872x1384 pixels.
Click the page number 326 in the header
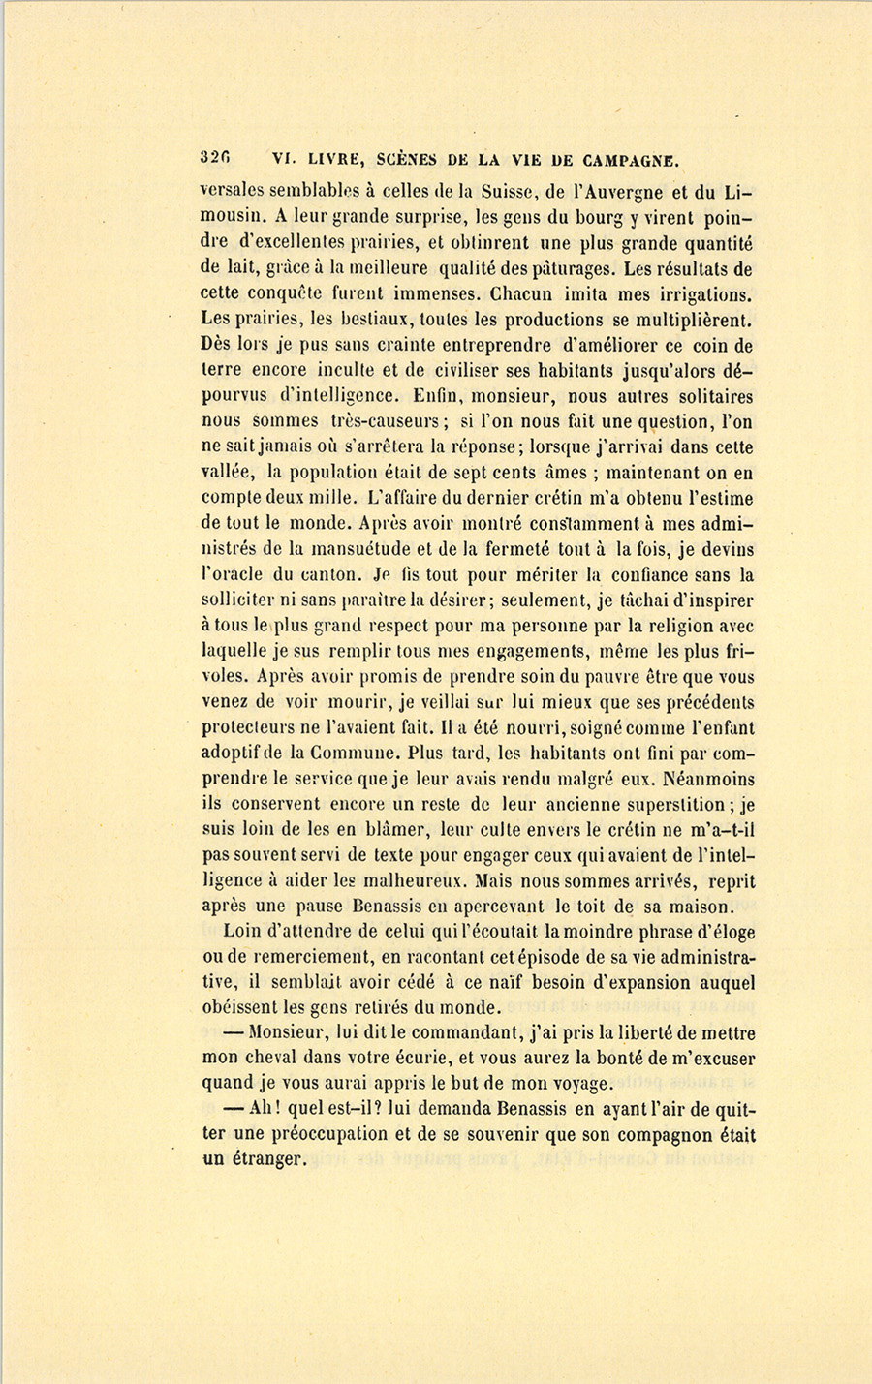[x=215, y=157]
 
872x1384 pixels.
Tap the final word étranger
[x=266, y=1160]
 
